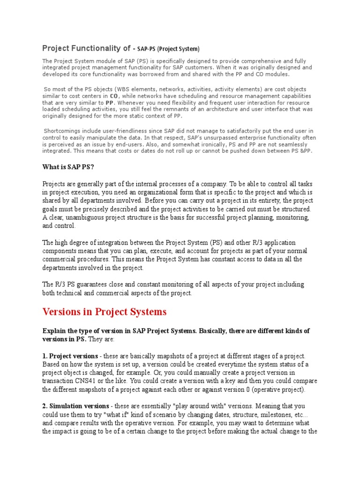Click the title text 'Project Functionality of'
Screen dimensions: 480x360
coord(86,48)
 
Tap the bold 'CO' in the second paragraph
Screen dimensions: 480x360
coord(114,96)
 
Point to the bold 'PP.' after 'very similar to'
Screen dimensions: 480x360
coord(110,102)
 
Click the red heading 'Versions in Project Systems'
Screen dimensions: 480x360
coord(104,312)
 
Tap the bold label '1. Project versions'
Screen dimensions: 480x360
coord(70,356)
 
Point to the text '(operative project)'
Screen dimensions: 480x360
coord(281,389)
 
